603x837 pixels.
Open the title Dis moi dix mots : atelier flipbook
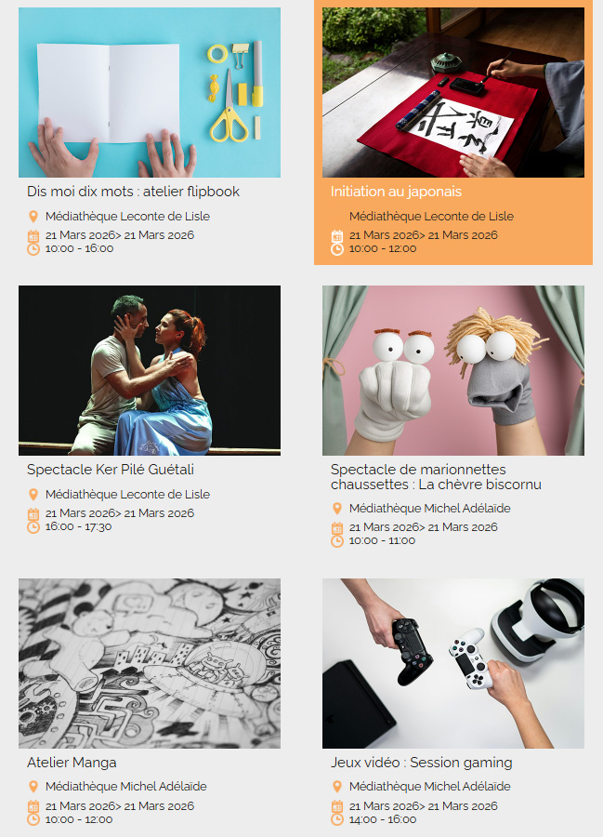point(133,192)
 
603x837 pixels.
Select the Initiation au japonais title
point(396,192)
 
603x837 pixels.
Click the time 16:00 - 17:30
point(78,527)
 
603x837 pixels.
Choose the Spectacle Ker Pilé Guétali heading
point(111,470)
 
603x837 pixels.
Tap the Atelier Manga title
point(72,763)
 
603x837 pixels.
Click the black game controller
point(411,651)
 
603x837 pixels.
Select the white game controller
point(471,658)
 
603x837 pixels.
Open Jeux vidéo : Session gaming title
point(421,763)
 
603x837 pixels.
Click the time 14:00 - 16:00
point(383,820)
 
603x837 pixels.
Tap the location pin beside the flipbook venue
point(33,216)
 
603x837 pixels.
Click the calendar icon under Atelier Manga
point(33,806)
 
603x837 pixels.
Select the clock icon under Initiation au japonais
point(337,249)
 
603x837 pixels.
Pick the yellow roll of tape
point(217,54)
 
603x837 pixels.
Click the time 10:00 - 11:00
point(382,540)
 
